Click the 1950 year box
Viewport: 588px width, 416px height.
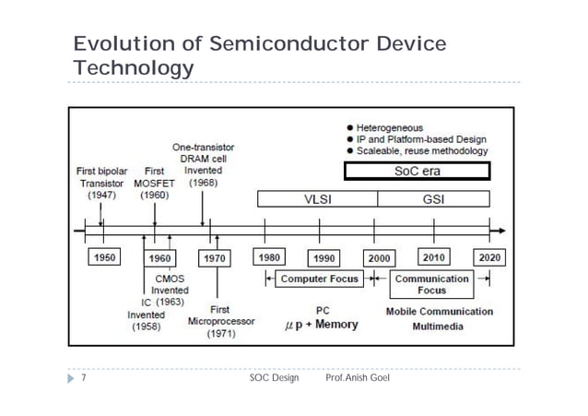pos(103,257)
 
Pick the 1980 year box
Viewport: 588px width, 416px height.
pos(270,257)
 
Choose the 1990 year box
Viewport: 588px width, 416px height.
pos(325,257)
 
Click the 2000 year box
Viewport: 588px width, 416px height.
pos(380,257)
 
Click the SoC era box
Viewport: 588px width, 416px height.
pos(417,172)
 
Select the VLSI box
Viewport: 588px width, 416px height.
pos(317,198)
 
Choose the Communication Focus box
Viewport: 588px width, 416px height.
pos(432,283)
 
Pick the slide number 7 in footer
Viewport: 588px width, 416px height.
pos(84,379)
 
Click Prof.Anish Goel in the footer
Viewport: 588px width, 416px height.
pos(359,379)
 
